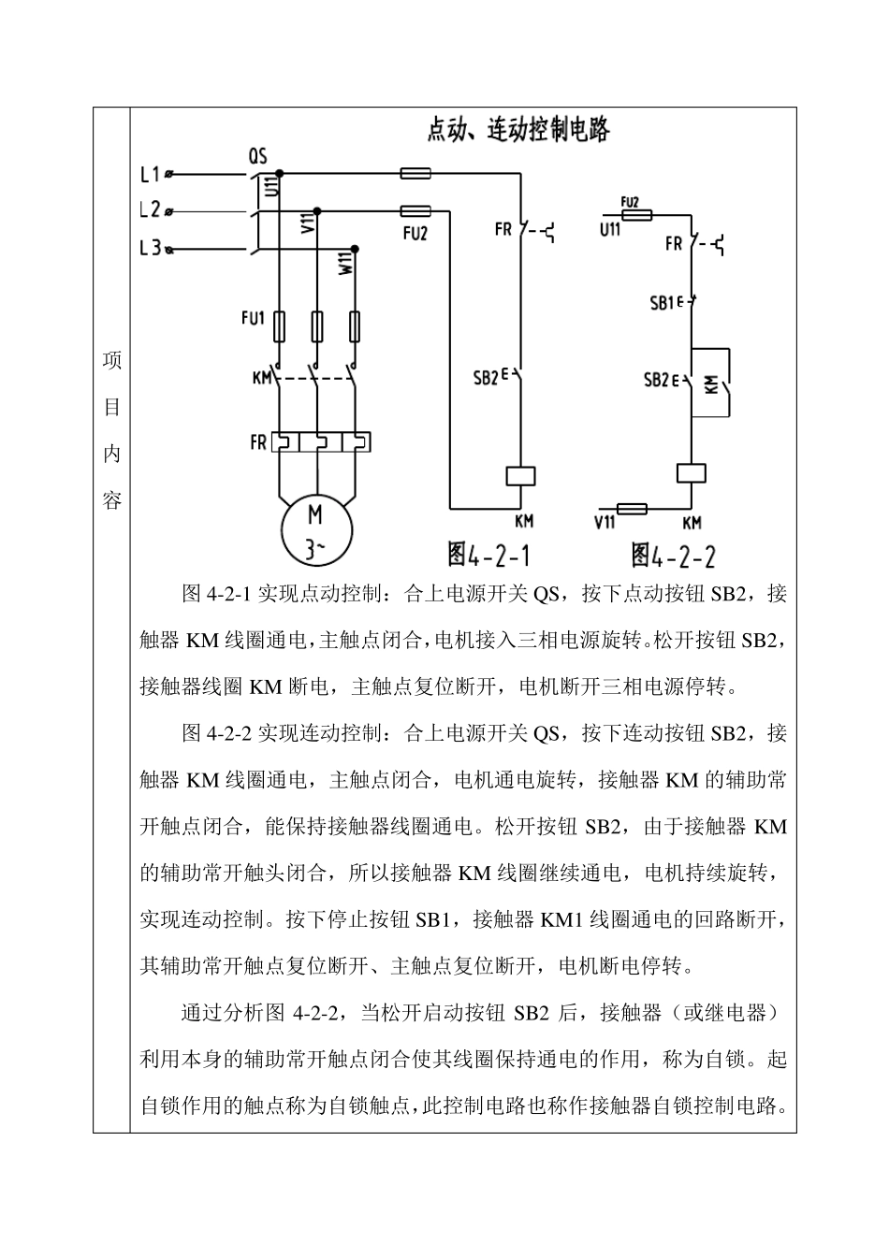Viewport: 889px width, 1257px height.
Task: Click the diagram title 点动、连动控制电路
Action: (517, 130)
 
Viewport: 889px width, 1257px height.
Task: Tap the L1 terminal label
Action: (150, 174)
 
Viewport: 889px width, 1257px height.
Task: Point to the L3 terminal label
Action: (150, 249)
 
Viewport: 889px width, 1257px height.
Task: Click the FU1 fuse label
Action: (253, 318)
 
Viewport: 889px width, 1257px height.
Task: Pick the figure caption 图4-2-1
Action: (488, 555)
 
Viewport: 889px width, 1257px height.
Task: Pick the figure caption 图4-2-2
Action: (673, 556)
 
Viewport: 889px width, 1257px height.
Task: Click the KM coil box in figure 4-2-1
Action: (521, 475)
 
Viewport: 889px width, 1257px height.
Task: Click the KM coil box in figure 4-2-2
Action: (691, 472)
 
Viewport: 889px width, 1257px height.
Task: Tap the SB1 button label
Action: (663, 303)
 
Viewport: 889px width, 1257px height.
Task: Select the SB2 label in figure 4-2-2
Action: (656, 380)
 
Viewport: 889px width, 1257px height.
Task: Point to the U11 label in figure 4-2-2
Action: (610, 227)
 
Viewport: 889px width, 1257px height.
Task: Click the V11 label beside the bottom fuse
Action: (605, 525)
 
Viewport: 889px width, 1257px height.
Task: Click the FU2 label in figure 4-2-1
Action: (415, 234)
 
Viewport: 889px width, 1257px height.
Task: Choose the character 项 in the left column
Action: (112, 360)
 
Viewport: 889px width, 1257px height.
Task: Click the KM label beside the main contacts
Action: (261, 379)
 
